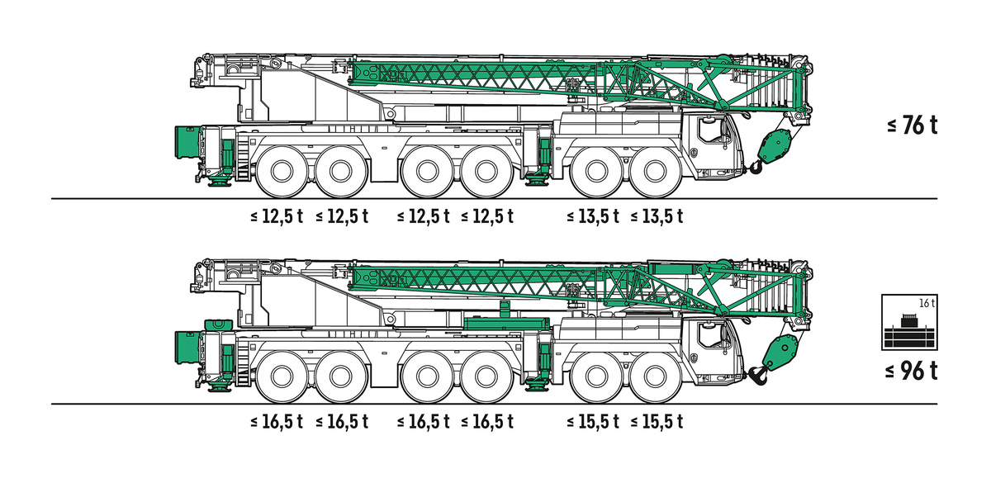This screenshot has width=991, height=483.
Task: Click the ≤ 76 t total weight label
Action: pos(913,125)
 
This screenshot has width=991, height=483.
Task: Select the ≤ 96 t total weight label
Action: pos(912,371)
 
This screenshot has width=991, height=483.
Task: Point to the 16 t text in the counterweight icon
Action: pos(927,304)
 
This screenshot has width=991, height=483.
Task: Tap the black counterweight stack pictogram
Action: pos(909,331)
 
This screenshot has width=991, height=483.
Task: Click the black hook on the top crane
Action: pos(756,167)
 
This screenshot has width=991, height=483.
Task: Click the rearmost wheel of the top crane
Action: pos(282,172)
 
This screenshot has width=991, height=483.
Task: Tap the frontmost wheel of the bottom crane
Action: pos(655,376)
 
